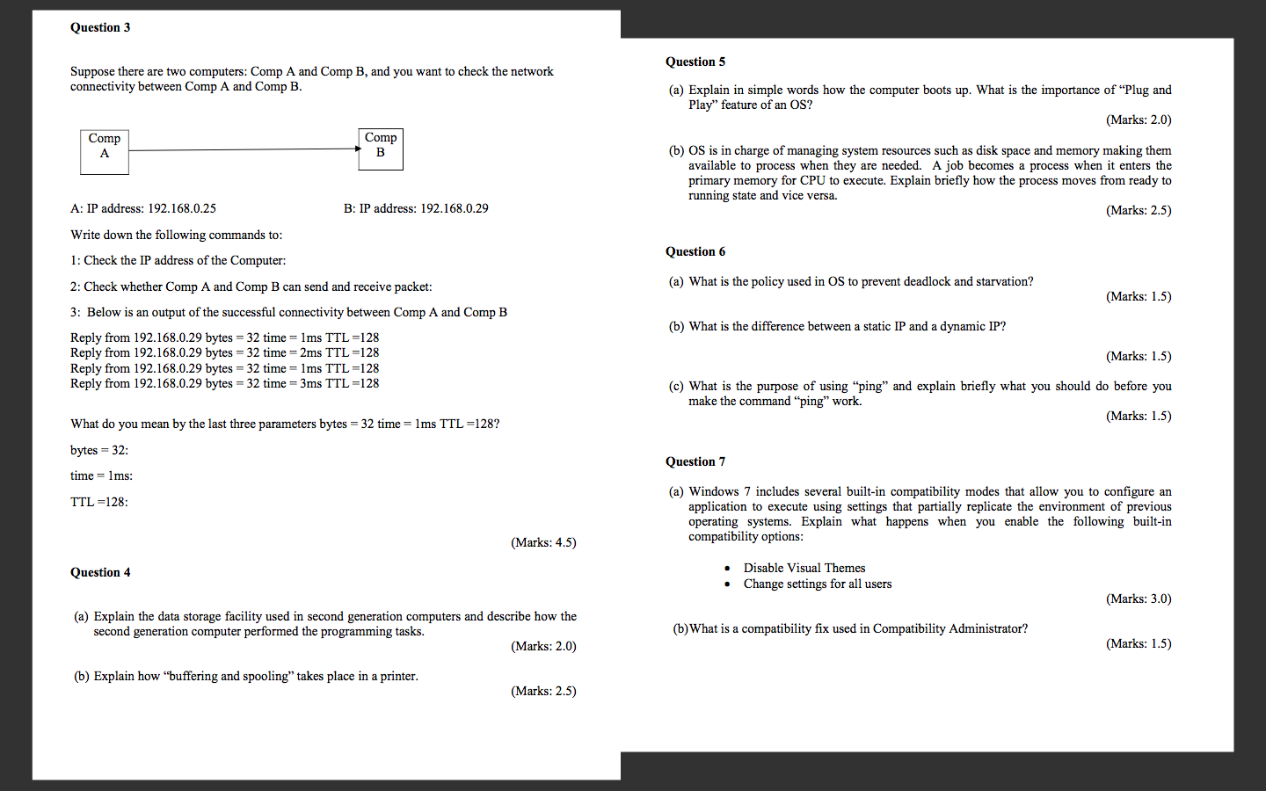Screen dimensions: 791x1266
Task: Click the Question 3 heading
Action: [100, 27]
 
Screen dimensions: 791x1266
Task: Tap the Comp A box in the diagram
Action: [105, 151]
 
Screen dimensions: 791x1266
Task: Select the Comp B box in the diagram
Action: [381, 149]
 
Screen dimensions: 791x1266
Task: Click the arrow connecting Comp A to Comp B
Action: [244, 149]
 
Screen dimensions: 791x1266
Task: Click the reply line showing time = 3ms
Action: [225, 383]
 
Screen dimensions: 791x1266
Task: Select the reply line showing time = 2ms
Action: [225, 352]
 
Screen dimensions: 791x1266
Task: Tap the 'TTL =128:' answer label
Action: [99, 502]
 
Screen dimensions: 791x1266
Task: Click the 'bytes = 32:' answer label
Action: [99, 450]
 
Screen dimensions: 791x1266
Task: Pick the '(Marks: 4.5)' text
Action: [543, 542]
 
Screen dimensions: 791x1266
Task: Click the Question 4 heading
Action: [100, 572]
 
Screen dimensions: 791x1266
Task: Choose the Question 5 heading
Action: [695, 62]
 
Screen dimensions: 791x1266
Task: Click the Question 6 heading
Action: [695, 251]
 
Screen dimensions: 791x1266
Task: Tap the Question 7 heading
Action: [695, 461]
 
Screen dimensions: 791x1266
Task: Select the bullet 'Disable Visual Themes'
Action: [804, 568]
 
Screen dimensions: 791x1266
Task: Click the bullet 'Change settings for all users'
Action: [818, 584]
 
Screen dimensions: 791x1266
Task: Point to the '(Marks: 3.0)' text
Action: [1139, 599]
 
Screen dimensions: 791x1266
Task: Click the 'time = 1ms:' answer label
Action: [102, 475]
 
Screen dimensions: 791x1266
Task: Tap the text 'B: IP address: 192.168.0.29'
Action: [416, 208]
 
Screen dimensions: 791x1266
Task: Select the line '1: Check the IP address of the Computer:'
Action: [178, 260]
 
